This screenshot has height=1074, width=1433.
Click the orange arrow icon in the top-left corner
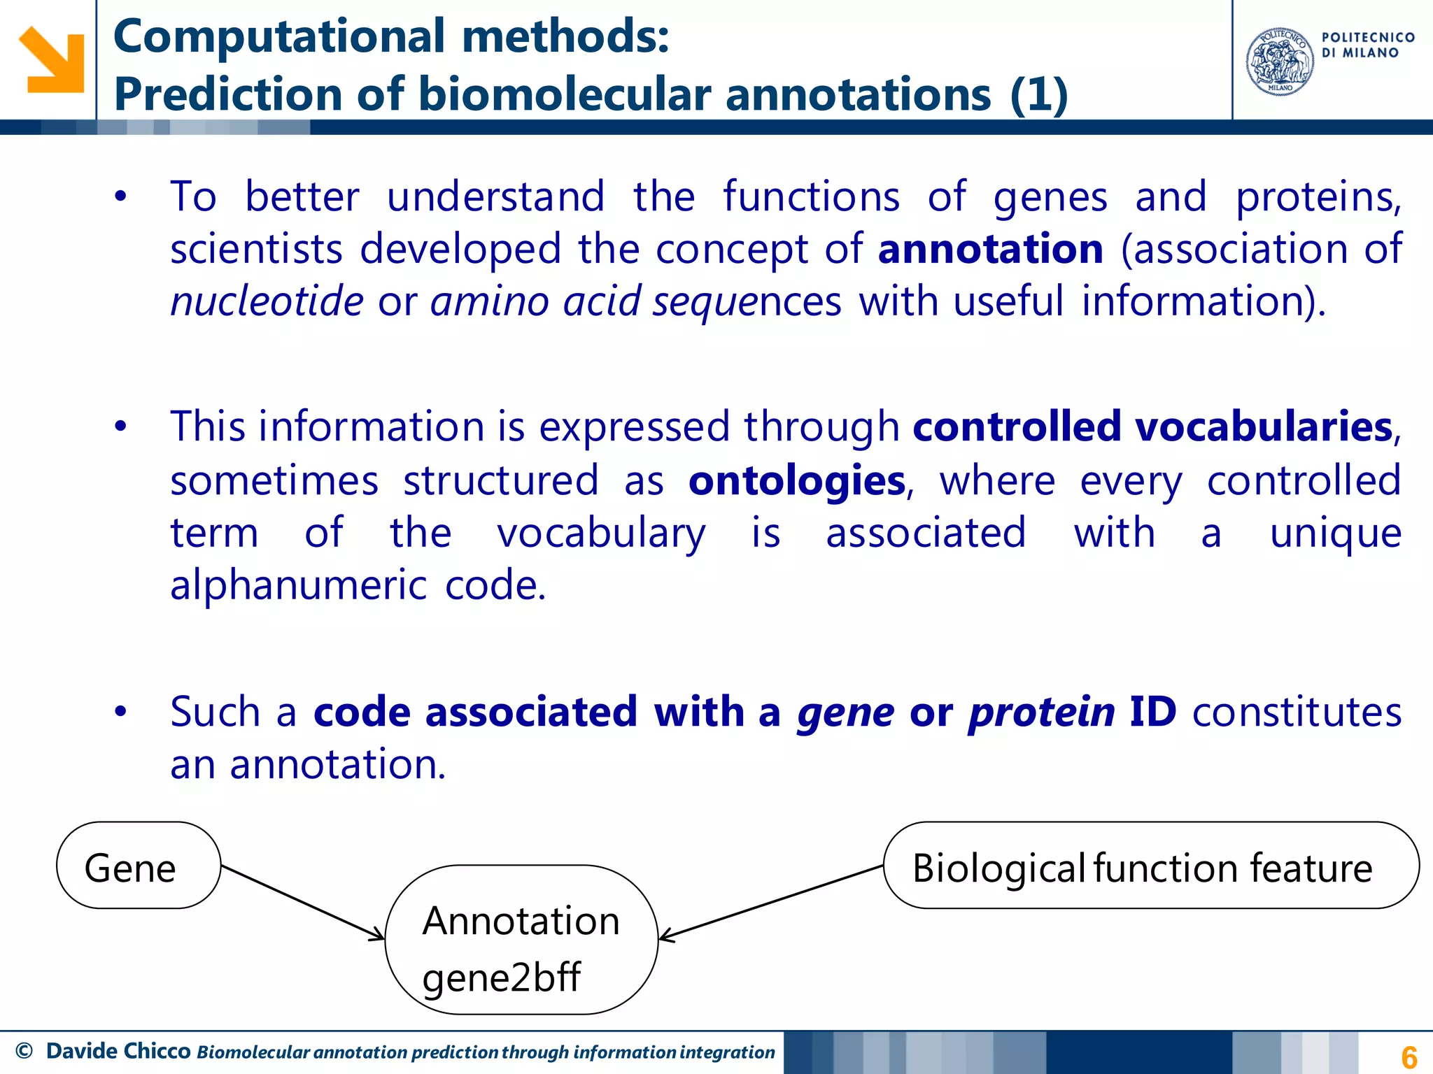point(51,60)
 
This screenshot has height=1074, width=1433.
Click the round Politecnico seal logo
point(1280,62)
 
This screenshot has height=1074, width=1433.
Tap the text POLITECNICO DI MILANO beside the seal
point(1367,45)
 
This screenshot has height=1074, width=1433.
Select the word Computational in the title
point(278,36)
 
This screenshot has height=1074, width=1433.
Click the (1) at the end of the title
point(1038,95)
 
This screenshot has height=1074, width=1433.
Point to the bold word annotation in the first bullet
point(990,249)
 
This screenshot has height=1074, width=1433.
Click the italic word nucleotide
point(267,301)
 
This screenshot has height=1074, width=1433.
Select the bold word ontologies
point(796,481)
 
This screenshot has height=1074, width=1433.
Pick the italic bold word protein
point(1041,713)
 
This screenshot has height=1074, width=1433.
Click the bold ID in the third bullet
point(1152,712)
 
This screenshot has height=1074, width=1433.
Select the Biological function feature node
point(1150,866)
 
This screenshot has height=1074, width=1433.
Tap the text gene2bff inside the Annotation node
point(501,977)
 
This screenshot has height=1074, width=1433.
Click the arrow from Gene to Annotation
point(302,902)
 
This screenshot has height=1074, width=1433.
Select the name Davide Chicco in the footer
point(118,1051)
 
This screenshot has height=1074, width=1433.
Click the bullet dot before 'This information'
point(121,427)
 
